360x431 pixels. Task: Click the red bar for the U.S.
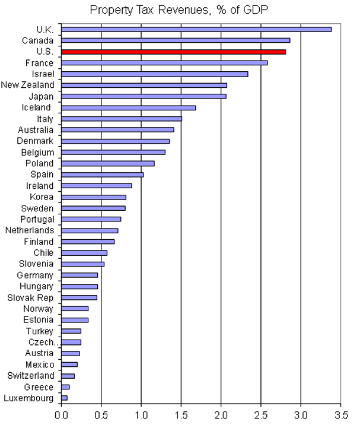click(173, 52)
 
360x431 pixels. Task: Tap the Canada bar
click(176, 40)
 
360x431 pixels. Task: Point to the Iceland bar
click(128, 107)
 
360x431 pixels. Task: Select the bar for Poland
click(107, 163)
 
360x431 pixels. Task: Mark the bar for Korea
click(93, 197)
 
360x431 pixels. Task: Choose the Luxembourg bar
click(64, 398)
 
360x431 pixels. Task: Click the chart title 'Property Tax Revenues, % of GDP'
click(180, 10)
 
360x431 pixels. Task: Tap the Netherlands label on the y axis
click(29, 230)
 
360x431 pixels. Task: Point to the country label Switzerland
click(30, 375)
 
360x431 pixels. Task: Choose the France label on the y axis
click(40, 63)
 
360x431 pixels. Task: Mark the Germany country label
click(35, 275)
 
